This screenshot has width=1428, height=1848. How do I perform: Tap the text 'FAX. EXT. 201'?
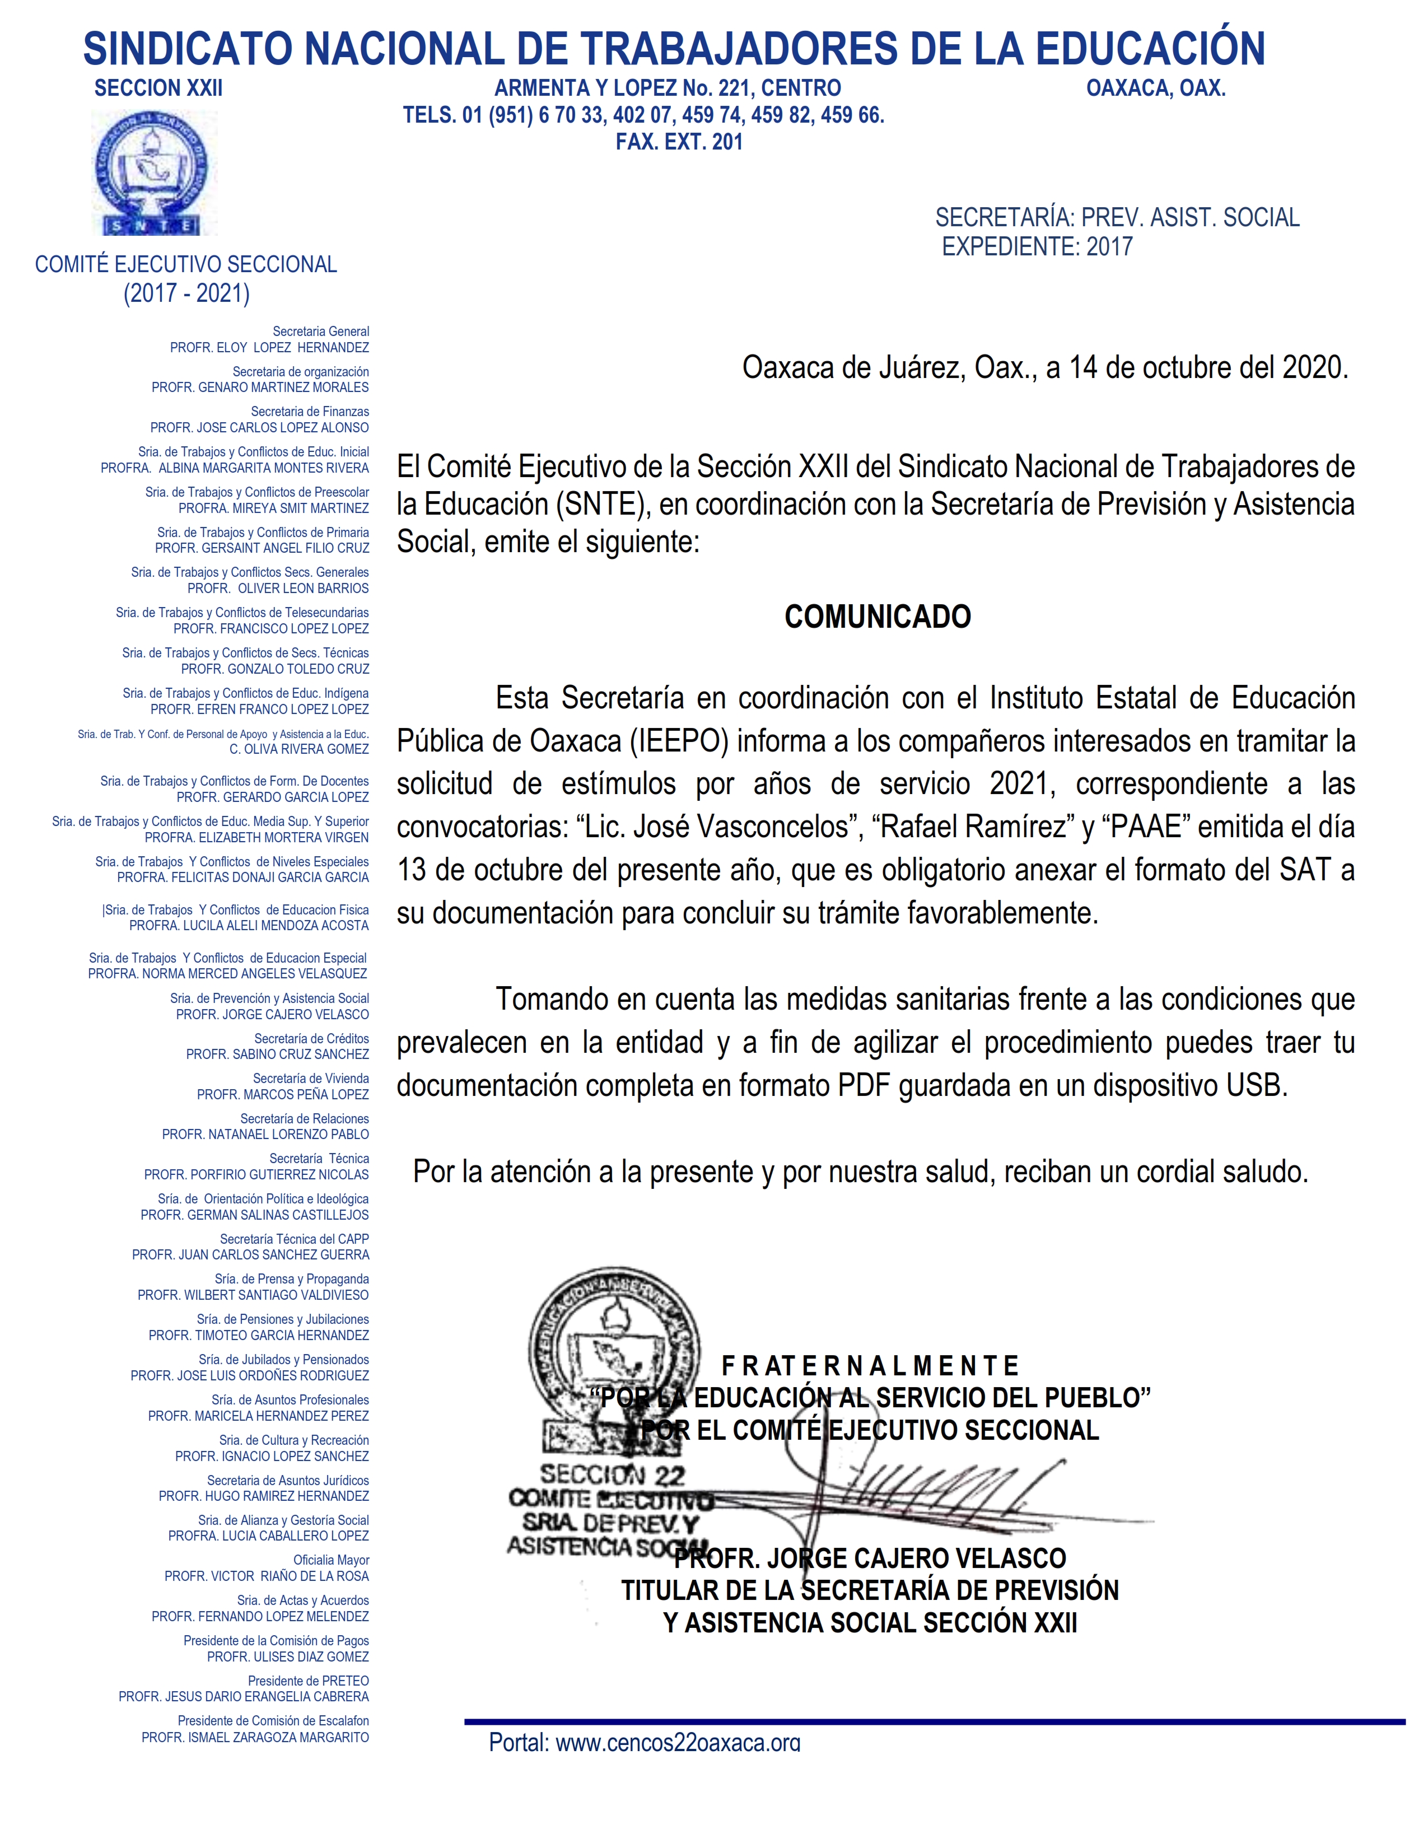[679, 142]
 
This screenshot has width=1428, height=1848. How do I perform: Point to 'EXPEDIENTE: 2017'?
[1037, 246]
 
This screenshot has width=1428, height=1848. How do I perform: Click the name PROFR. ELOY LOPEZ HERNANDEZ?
[269, 348]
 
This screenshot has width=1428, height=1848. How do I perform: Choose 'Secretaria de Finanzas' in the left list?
[310, 411]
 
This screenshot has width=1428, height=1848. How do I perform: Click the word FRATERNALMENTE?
[870, 1366]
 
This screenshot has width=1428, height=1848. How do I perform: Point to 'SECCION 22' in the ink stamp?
[613, 1476]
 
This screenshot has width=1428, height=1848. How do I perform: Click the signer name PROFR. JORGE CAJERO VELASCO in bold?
[870, 1558]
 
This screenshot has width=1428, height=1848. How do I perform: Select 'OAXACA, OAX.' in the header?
[1156, 88]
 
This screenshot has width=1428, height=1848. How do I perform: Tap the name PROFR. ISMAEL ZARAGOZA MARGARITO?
[255, 1737]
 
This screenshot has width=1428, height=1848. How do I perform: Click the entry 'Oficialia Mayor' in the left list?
[331, 1560]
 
